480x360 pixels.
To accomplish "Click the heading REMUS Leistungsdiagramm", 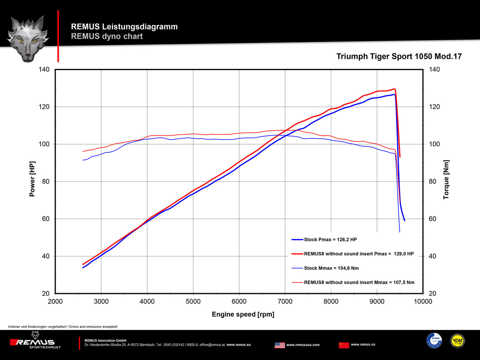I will (124, 27).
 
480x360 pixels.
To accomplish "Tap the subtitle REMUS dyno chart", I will (107, 36).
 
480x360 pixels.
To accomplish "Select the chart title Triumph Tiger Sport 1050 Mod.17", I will (399, 56).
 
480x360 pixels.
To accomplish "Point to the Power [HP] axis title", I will (32, 179).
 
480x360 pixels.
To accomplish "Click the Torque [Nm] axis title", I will (446, 180).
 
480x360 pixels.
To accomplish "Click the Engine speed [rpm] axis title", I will (243, 314).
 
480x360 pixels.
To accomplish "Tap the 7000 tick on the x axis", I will (285, 302).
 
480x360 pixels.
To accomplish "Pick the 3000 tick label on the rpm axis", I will (101, 302).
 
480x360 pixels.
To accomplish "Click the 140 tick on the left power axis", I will (44, 69).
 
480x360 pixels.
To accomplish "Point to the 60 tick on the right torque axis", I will (432, 219).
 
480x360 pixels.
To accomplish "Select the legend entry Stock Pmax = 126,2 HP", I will (330, 239).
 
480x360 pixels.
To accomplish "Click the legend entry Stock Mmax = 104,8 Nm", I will (331, 268).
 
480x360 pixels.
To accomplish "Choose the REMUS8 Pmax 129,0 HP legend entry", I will (359, 254).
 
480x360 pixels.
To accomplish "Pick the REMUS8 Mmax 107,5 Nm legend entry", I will (359, 282).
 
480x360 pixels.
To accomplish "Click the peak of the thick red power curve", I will (394, 89).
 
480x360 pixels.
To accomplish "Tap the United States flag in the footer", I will (280, 345).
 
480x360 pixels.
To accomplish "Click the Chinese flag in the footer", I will (344, 345).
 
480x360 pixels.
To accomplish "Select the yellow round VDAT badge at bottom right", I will (457, 341).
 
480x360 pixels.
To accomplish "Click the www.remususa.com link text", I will (303, 345).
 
